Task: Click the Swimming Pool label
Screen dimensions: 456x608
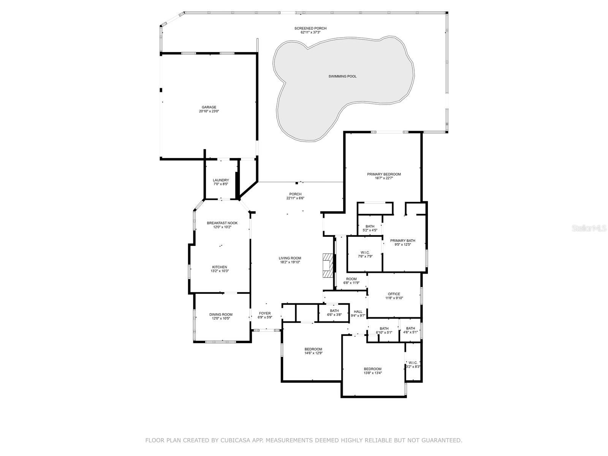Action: (x=342, y=76)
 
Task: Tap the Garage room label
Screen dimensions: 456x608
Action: (x=209, y=107)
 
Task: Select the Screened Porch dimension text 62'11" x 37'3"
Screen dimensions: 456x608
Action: (x=310, y=32)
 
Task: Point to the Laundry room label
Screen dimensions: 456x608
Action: (x=221, y=180)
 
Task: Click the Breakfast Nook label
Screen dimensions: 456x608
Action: (x=222, y=223)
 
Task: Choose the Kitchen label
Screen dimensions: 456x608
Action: (x=220, y=267)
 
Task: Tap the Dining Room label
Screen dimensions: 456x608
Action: (x=221, y=315)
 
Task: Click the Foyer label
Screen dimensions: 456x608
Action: (x=265, y=313)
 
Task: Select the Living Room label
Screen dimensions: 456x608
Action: (x=290, y=258)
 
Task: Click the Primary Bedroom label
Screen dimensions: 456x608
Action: (x=384, y=174)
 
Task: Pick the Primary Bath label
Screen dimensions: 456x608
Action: (x=403, y=241)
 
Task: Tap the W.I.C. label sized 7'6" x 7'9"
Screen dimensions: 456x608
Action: (x=365, y=252)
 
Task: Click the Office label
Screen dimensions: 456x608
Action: (x=394, y=294)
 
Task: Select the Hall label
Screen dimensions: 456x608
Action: (x=358, y=312)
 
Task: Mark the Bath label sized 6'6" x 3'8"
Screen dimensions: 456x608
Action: (x=334, y=311)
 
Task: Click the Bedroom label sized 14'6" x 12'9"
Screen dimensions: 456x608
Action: (x=313, y=349)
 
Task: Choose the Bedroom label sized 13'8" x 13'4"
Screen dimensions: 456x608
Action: (x=373, y=369)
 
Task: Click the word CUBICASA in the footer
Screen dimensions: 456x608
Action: (x=236, y=440)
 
